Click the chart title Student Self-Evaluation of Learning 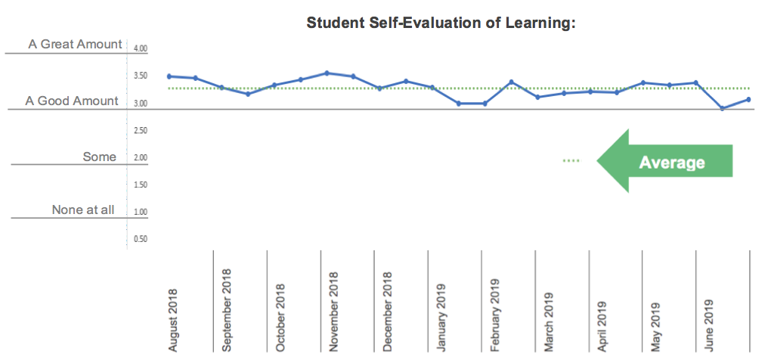point(441,23)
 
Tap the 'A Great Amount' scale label point(75,45)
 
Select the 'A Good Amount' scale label point(72,101)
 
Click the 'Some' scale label point(100,157)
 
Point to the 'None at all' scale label point(83,210)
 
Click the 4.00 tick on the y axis point(140,49)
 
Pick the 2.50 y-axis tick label point(140,131)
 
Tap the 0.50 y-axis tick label point(140,239)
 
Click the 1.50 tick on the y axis point(140,185)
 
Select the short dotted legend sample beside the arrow point(571,160)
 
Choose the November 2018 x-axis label point(334,312)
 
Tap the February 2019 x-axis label point(496,314)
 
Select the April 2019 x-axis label point(602,324)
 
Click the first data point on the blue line point(169,76)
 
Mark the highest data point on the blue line point(327,73)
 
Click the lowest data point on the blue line point(723,108)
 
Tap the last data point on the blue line point(748,99)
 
